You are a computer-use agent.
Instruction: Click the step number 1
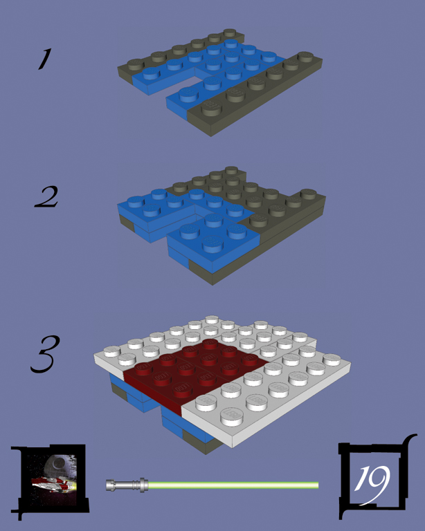[x=45, y=59]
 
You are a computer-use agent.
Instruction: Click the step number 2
[x=46, y=197]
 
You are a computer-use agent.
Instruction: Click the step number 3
[x=46, y=354]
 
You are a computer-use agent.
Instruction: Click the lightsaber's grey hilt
[x=127, y=485]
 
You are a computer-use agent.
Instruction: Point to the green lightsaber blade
[x=233, y=485]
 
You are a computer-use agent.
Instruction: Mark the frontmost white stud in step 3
[x=232, y=416]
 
